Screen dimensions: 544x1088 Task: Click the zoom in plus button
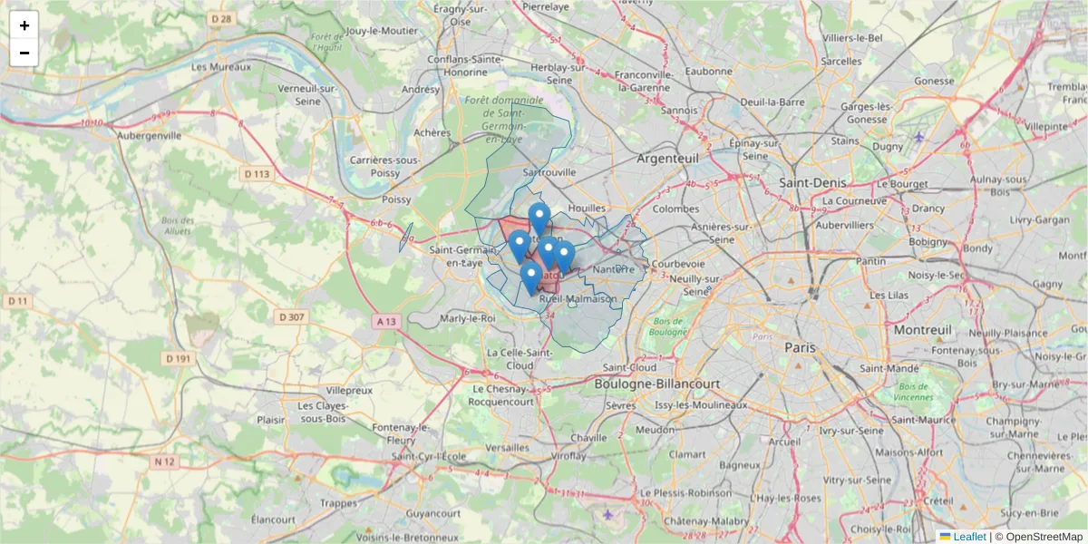tap(24, 25)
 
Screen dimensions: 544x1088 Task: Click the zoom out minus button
tap(24, 53)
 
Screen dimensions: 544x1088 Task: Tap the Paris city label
tap(800, 347)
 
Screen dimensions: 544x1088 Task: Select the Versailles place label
tap(508, 447)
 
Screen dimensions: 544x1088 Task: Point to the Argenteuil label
tap(668, 158)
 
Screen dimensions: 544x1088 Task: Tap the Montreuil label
tap(922, 330)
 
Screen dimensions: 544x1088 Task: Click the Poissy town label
tap(396, 199)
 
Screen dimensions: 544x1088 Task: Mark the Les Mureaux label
tap(220, 66)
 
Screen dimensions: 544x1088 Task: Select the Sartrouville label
tap(550, 170)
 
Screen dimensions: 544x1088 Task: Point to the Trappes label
tap(338, 503)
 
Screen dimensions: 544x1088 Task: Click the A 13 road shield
tap(387, 321)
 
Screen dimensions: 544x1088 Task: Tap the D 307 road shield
tap(291, 316)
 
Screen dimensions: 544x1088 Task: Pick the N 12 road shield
tap(163, 461)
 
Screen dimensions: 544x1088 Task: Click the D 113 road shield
tap(257, 173)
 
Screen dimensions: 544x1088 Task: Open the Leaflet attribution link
tap(969, 537)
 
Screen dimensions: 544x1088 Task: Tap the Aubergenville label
tap(150, 136)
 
